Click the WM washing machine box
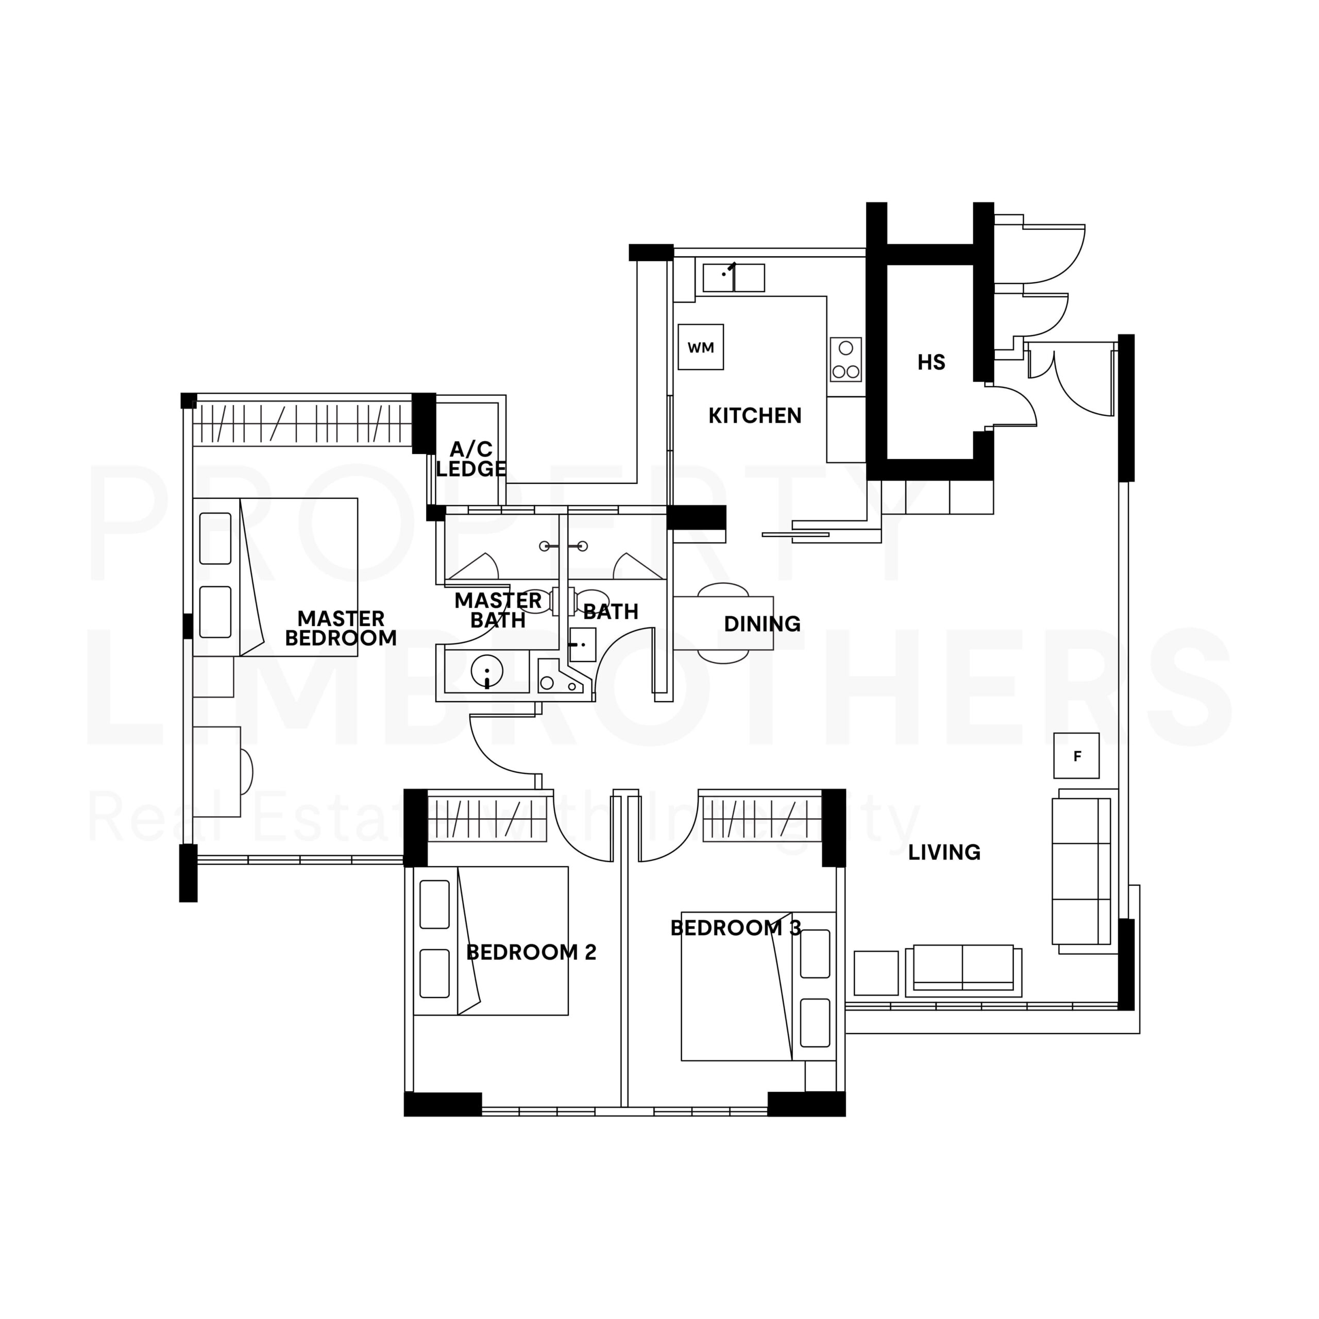[701, 347]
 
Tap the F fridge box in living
[1076, 756]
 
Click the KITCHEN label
[754, 415]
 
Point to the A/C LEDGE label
[471, 459]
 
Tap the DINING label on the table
[762, 623]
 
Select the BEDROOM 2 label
[531, 952]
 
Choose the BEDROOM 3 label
[735, 928]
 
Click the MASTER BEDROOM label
[340, 628]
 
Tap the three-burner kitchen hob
[845, 360]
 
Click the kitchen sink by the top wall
[733, 278]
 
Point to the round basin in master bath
[487, 672]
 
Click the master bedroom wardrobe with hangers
[302, 424]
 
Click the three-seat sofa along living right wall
[1081, 871]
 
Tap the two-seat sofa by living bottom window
[962, 968]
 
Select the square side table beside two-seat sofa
[875, 973]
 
